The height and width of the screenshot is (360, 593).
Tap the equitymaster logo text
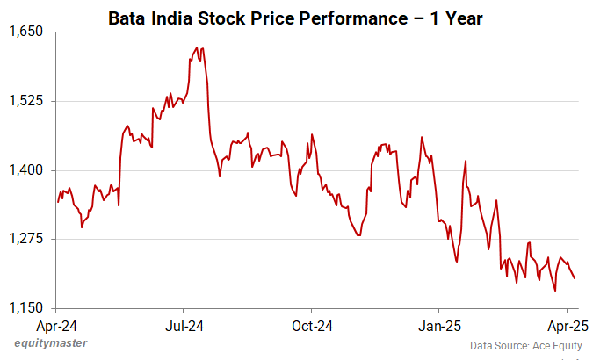point(50,342)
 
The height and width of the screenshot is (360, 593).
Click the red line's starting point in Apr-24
point(58,202)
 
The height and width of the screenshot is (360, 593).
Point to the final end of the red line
point(575,279)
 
